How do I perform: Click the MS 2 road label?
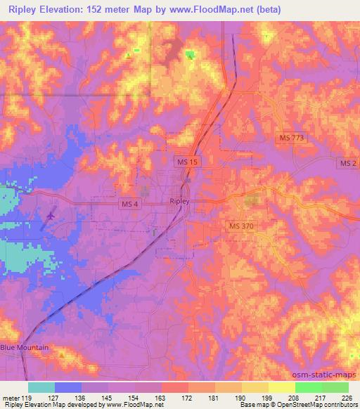[x=347, y=163]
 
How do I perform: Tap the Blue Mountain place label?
[x=25, y=348]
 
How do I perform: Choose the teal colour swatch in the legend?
[x=41, y=387]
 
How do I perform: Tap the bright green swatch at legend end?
[x=335, y=387]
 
